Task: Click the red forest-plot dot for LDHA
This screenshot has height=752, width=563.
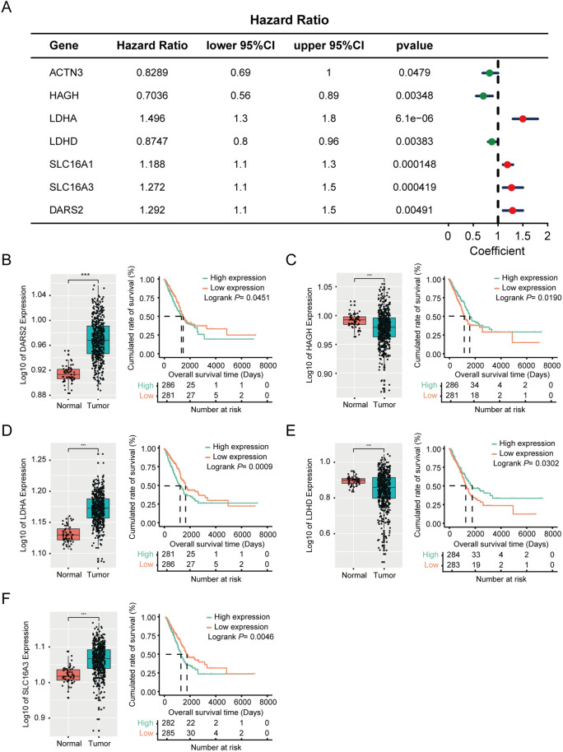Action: pyautogui.click(x=523, y=118)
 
